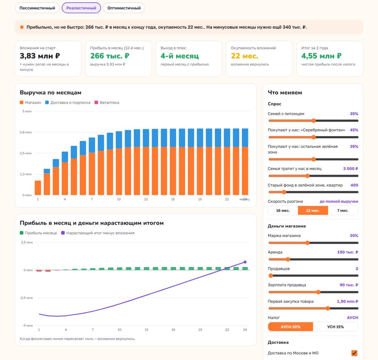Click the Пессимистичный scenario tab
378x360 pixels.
(x=37, y=8)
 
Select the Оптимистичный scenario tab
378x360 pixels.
(x=124, y=8)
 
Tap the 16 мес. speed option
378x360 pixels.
(x=283, y=211)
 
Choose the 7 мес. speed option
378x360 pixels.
(x=343, y=211)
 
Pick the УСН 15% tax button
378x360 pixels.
(x=335, y=327)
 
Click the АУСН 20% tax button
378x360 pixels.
(x=290, y=327)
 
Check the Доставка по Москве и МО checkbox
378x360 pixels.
(x=354, y=353)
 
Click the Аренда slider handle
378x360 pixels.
(x=288, y=259)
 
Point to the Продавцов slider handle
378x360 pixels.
(x=271, y=276)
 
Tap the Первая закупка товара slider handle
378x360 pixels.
(x=328, y=308)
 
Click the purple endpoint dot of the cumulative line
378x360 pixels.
(x=245, y=262)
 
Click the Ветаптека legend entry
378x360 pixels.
(x=107, y=103)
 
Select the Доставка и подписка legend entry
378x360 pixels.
(x=68, y=103)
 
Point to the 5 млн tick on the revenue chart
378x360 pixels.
(x=27, y=111)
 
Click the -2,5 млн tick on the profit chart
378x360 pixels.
(x=26, y=298)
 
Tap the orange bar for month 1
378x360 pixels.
(x=38, y=188)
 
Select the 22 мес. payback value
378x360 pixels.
(x=245, y=56)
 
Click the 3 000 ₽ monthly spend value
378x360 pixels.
(x=350, y=169)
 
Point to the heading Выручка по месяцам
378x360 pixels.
(x=51, y=93)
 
